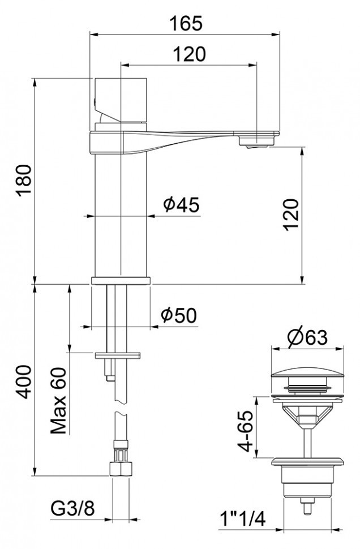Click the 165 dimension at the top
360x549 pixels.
pyautogui.click(x=186, y=23)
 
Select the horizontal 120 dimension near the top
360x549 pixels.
pyautogui.click(x=189, y=54)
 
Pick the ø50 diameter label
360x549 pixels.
pyautogui.click(x=178, y=315)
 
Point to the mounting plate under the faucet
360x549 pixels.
pyautogui.click(x=119, y=355)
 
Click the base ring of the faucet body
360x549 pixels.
pyautogui.click(x=121, y=280)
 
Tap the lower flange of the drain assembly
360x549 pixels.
pyautogui.click(x=307, y=460)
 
